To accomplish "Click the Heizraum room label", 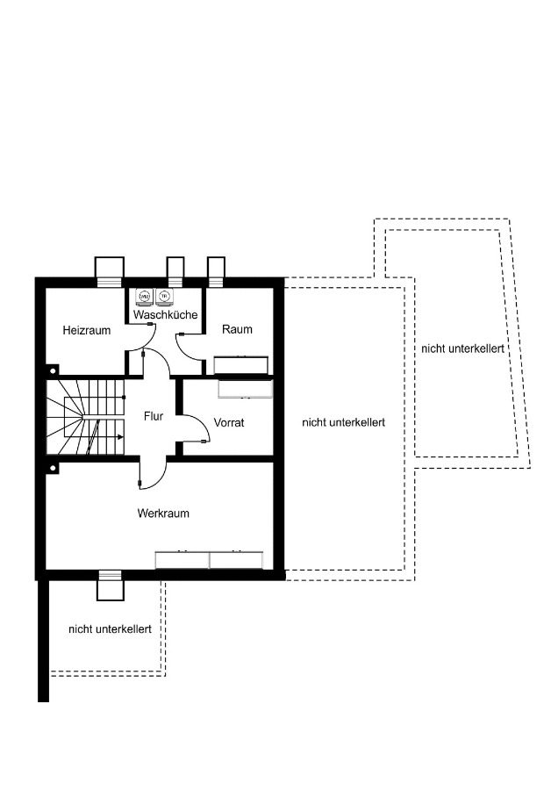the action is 87,331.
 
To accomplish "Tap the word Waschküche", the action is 165,315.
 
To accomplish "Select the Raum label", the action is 237,329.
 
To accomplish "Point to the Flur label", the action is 154,416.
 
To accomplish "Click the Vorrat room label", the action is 229,423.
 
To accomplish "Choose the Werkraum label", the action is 164,513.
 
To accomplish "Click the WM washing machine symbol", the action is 145,298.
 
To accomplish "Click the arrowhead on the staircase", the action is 120,437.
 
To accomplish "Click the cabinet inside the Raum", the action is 240,365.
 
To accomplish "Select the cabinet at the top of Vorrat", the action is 246,389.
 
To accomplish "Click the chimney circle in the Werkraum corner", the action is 53,468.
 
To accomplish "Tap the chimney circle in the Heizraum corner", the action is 53,370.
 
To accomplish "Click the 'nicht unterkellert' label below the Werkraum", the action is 110,629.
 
